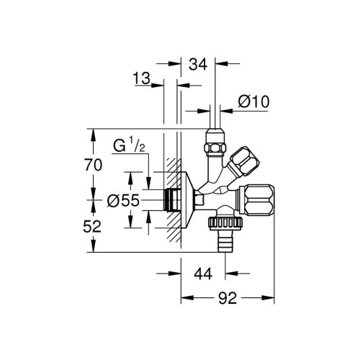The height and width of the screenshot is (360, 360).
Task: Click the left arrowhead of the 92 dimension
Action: (x=183, y=296)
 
